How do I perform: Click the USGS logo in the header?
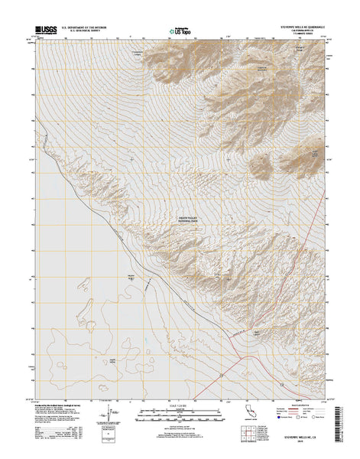(x=44, y=31)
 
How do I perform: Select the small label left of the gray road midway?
(x=130, y=278)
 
